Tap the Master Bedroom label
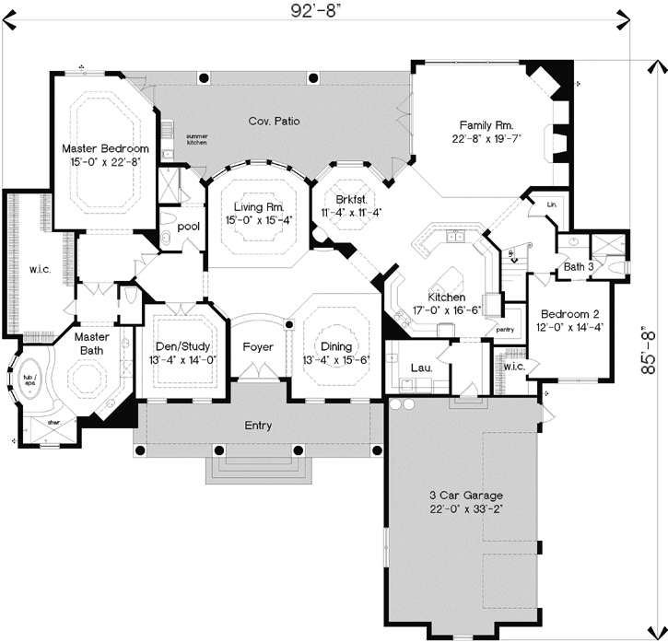[x=105, y=148]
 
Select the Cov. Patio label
[x=275, y=121]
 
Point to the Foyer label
[x=258, y=347]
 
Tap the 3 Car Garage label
[x=459, y=496]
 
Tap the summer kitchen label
[x=197, y=139]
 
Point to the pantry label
[x=504, y=328]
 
